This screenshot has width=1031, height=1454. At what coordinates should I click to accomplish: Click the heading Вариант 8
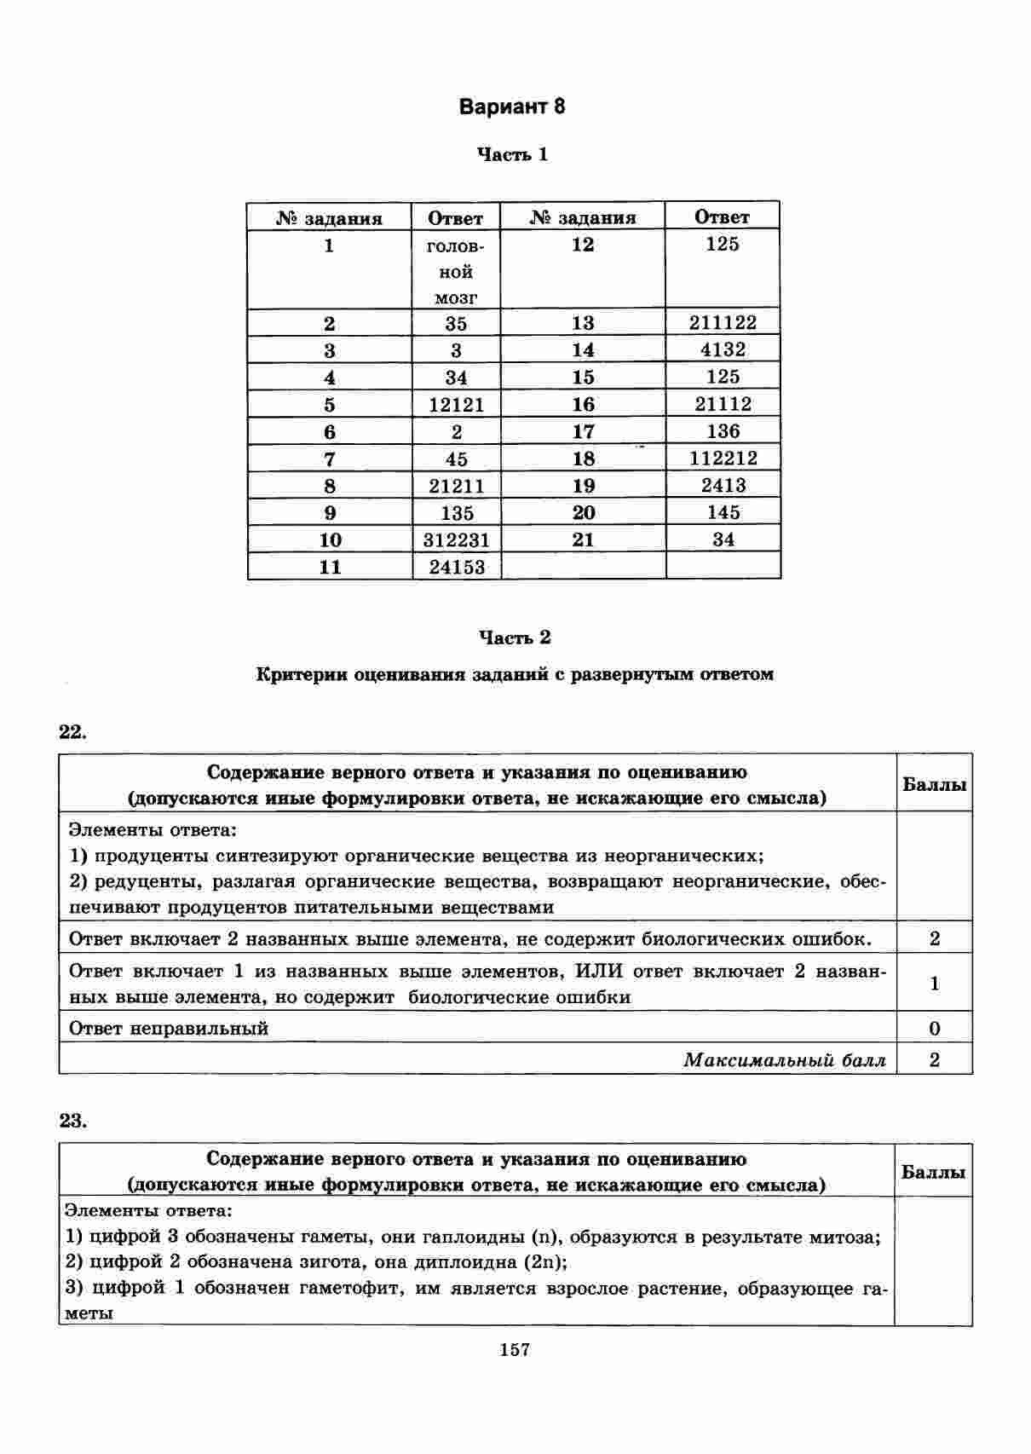click(x=511, y=107)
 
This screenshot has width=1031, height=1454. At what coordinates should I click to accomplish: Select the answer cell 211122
click(x=723, y=322)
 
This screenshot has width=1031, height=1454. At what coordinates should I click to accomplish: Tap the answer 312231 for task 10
click(x=457, y=539)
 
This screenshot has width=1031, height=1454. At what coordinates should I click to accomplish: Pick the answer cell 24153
click(x=457, y=567)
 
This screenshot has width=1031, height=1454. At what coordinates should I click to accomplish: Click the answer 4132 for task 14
click(x=723, y=349)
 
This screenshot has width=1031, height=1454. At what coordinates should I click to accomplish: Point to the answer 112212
click(x=723, y=458)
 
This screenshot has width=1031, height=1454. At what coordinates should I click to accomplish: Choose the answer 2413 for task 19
click(x=723, y=485)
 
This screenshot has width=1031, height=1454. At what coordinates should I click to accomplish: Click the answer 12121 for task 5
click(x=457, y=405)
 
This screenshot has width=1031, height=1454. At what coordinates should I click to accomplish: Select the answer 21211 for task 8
click(x=457, y=486)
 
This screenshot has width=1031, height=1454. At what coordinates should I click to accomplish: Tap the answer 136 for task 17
click(x=723, y=431)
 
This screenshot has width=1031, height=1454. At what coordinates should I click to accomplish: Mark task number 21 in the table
click(x=583, y=539)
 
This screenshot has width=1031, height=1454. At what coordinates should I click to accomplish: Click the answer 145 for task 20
click(x=723, y=512)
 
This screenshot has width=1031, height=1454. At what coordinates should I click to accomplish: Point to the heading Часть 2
click(x=514, y=638)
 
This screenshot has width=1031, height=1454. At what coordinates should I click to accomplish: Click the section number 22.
click(x=72, y=732)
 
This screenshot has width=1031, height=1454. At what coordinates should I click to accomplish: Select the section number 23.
click(x=72, y=1121)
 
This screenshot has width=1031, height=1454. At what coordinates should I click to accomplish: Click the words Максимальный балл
click(x=784, y=1060)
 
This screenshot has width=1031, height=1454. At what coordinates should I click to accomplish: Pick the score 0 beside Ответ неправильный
click(x=934, y=1028)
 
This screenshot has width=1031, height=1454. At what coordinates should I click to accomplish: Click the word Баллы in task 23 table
click(x=933, y=1172)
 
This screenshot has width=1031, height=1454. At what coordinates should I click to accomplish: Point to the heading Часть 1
click(x=512, y=155)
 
